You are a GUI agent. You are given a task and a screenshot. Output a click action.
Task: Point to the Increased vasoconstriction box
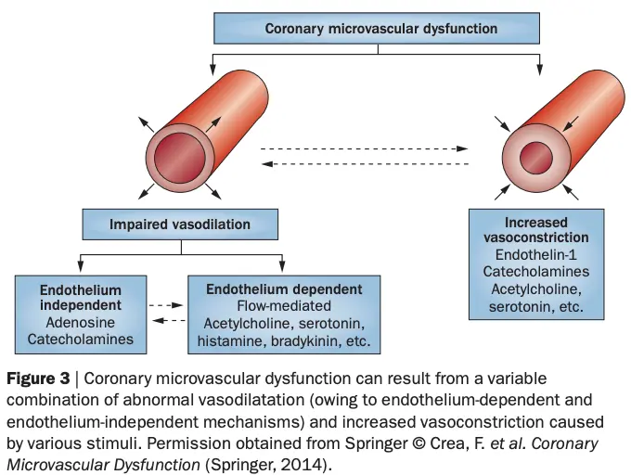pos(535,264)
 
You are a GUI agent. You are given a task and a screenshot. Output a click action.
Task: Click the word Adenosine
pos(80,322)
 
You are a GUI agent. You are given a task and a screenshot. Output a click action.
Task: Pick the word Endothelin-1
pos(535,255)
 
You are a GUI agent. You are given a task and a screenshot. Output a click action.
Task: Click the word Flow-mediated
pos(284,304)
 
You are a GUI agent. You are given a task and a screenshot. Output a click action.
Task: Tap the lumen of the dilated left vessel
pos(174,153)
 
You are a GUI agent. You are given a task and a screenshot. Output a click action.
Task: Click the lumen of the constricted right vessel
pos(535,152)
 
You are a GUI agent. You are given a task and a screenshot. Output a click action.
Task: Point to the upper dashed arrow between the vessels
pos(364,148)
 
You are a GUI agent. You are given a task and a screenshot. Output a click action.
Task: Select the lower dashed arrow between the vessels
pos(364,164)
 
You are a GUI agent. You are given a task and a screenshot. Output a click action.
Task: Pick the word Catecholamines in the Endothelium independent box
pos(80,340)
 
